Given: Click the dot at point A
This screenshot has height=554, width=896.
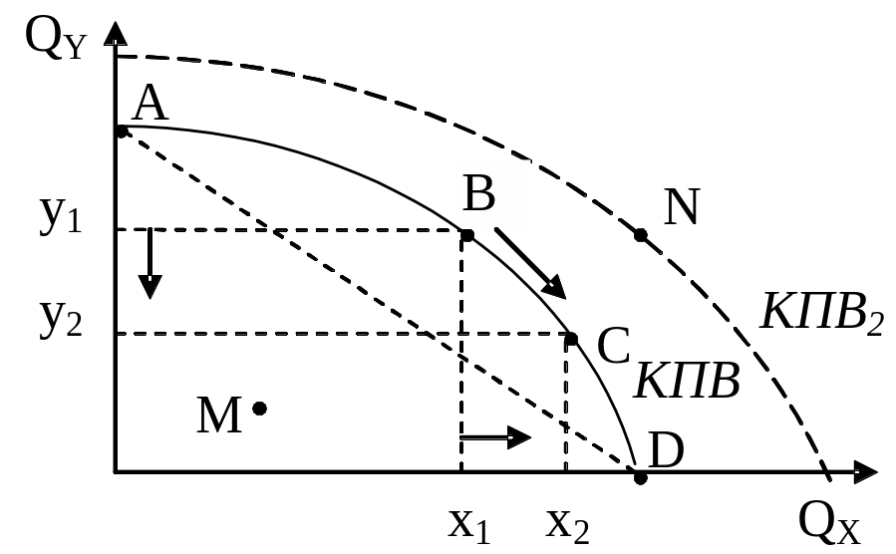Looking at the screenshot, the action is [x=122, y=132].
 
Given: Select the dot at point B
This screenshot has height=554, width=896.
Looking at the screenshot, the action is [x=467, y=235].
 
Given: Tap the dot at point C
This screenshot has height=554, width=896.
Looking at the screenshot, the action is [x=571, y=339].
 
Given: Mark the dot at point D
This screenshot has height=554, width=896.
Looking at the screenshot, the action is [x=641, y=478].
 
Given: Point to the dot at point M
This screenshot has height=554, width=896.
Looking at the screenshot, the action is [x=259, y=409].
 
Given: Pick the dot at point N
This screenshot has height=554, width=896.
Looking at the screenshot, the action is [x=641, y=235].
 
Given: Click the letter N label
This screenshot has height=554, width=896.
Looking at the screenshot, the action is [x=681, y=206].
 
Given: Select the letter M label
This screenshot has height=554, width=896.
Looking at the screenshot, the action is [x=219, y=415].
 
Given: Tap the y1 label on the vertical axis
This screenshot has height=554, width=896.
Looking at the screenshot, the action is [x=61, y=214].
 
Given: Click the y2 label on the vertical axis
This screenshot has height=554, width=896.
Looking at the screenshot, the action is [x=61, y=318].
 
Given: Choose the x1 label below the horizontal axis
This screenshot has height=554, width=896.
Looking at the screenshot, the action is [x=469, y=524].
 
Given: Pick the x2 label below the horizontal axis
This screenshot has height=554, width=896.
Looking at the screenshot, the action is [x=567, y=524].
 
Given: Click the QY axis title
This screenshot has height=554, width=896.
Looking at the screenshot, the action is [x=56, y=39].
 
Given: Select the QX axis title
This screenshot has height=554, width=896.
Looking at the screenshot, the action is [x=828, y=524].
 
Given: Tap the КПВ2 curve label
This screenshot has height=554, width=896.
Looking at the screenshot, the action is [x=821, y=312].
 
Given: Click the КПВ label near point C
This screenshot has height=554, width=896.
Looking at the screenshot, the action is [x=687, y=381].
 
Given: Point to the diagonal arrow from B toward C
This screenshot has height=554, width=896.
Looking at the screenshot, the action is [x=530, y=263].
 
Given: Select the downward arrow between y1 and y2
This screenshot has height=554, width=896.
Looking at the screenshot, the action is [x=149, y=263].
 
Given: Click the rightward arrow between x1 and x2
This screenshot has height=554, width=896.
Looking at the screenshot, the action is [x=495, y=438].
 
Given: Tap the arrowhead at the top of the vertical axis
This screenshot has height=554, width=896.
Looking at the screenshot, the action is [x=116, y=34].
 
